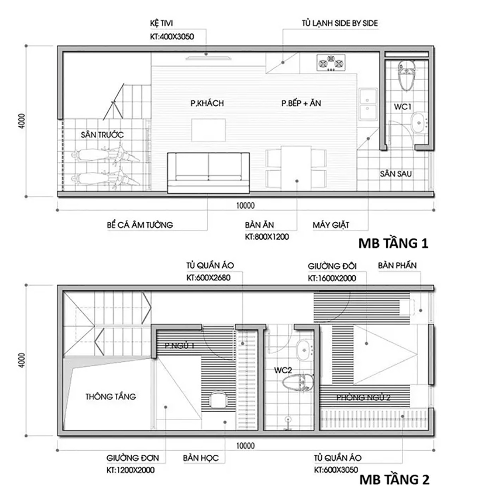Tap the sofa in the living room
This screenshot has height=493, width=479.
(x=208, y=171)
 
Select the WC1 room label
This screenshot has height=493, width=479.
(x=402, y=107)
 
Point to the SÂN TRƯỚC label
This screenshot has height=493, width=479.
(x=102, y=135)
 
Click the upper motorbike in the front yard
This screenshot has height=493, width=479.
(x=106, y=156)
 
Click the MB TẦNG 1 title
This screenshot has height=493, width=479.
(x=393, y=243)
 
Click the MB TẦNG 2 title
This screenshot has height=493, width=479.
(x=394, y=479)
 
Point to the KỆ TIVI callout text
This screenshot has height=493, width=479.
(x=162, y=24)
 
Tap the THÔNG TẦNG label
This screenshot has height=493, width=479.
(x=111, y=397)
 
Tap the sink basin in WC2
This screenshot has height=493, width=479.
(x=305, y=349)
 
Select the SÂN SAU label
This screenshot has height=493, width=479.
(x=396, y=174)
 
